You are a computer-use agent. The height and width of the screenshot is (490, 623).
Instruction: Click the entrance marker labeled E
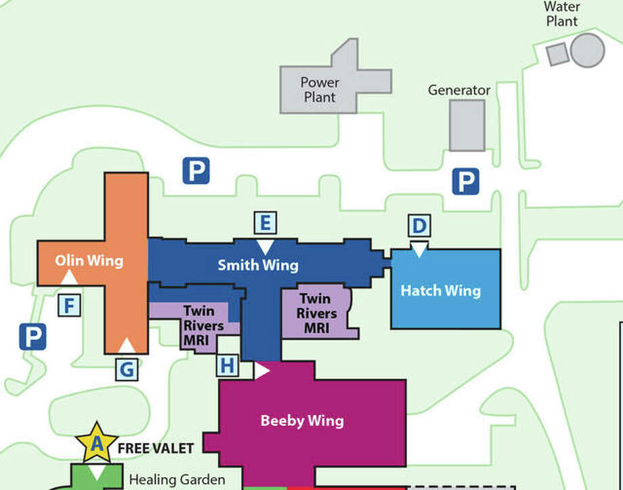pos(265,223)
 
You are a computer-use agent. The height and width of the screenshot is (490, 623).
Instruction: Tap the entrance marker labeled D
pos(419,226)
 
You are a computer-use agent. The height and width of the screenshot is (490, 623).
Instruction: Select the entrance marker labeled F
pos(68,306)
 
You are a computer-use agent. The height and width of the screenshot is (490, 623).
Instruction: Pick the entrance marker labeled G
pos(127,369)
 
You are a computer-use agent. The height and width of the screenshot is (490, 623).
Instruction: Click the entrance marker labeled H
pos(228,366)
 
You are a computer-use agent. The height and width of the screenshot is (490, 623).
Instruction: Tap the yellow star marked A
pos(97,443)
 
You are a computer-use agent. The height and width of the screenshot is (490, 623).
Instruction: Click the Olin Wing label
pos(89,260)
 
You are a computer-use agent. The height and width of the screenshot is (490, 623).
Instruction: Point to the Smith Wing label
pos(258,264)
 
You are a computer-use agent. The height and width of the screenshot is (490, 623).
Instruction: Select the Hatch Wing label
pos(441,291)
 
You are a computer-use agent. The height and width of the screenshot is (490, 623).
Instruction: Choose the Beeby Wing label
pos(302,420)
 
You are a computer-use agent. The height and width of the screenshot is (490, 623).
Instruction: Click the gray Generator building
pos(467,125)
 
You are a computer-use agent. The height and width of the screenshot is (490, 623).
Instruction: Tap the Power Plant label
pos(320,89)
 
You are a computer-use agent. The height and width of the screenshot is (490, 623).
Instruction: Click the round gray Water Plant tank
pos(587,49)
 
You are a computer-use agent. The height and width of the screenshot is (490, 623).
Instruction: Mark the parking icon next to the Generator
pos(466,181)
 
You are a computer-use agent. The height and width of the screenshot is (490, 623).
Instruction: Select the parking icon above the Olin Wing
pos(196,170)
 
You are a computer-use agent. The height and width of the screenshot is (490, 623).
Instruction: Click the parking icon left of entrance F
pos(33,335)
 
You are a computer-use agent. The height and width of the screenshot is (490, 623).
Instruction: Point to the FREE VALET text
pos(156,448)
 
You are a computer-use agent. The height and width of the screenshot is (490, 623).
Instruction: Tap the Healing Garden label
pos(177,479)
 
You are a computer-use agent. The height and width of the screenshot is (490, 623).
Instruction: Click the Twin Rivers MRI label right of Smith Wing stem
pos(316,314)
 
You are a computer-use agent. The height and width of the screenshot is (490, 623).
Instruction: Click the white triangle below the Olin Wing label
pos(69,277)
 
